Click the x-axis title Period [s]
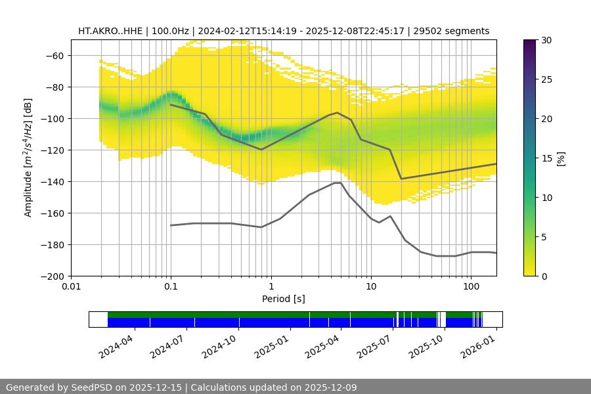(284, 299)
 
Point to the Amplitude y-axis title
(28, 158)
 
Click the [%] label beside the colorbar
(560, 158)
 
